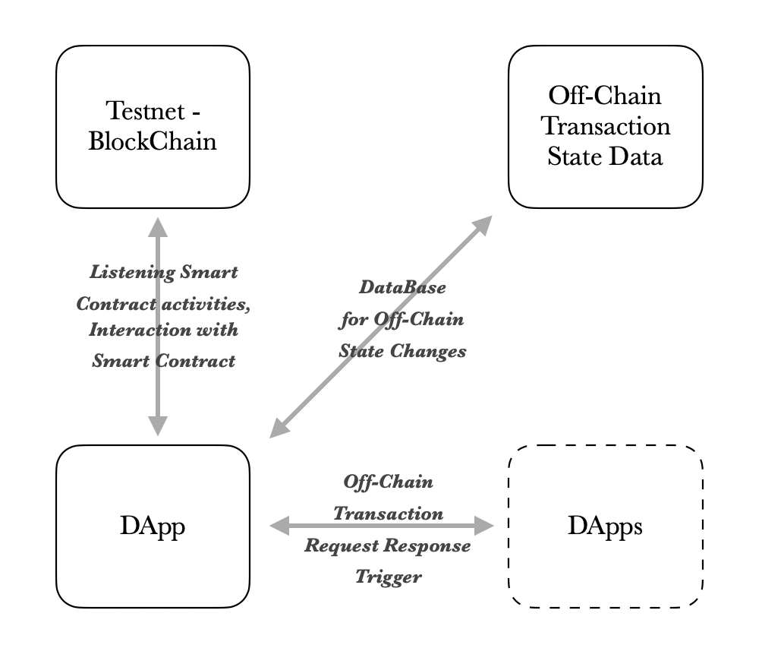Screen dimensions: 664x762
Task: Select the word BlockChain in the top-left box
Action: coord(153,141)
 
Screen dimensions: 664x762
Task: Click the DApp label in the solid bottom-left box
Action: coord(152,526)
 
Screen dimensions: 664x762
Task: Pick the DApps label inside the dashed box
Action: coord(605,526)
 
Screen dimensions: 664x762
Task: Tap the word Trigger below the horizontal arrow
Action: coord(388,577)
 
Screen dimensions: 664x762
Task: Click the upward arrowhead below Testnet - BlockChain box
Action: coord(157,227)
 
